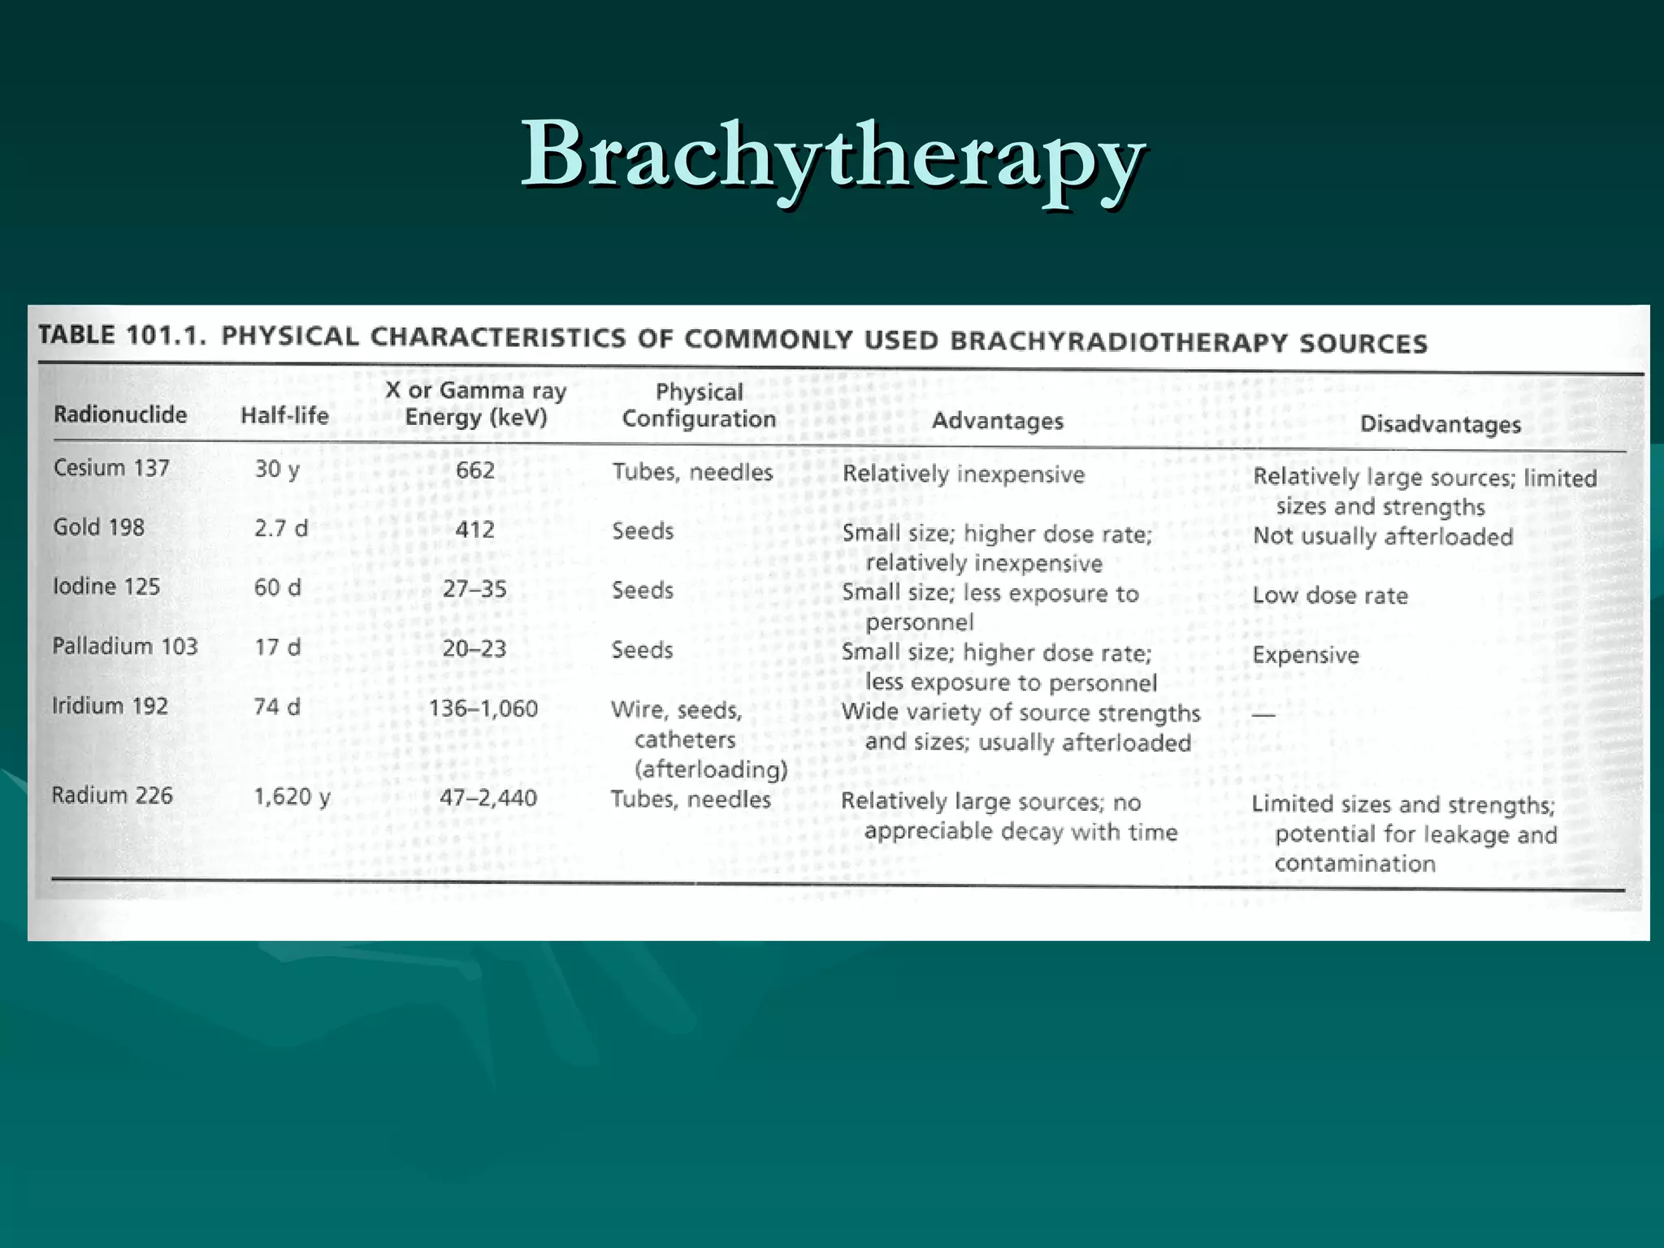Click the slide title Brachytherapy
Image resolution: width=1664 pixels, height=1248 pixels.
point(832,154)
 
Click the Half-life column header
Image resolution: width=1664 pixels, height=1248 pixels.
point(284,416)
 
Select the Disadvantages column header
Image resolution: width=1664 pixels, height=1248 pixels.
point(1440,424)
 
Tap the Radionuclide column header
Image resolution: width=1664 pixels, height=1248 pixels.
point(120,414)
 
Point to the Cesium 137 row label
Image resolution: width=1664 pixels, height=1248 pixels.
point(111,468)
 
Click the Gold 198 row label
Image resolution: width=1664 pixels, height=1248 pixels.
point(98,527)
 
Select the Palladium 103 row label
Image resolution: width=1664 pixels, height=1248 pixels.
point(124,646)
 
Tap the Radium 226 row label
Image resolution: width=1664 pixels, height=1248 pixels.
point(112,795)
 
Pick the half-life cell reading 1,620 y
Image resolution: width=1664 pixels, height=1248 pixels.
point(292,796)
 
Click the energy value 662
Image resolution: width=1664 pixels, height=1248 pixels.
point(474,470)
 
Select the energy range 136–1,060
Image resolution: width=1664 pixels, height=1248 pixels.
point(483,708)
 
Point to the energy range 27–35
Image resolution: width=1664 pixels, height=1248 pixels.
point(474,589)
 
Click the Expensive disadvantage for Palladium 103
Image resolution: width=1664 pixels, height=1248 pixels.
point(1305,655)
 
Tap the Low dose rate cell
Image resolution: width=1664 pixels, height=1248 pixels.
point(1329,596)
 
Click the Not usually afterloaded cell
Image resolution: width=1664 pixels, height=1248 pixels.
point(1382,536)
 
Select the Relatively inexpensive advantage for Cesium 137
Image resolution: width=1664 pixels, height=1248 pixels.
point(963,474)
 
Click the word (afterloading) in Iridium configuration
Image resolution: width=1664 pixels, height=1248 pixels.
point(711,769)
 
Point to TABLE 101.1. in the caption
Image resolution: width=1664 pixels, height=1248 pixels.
point(122,335)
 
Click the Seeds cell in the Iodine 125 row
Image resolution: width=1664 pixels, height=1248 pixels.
point(642,590)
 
